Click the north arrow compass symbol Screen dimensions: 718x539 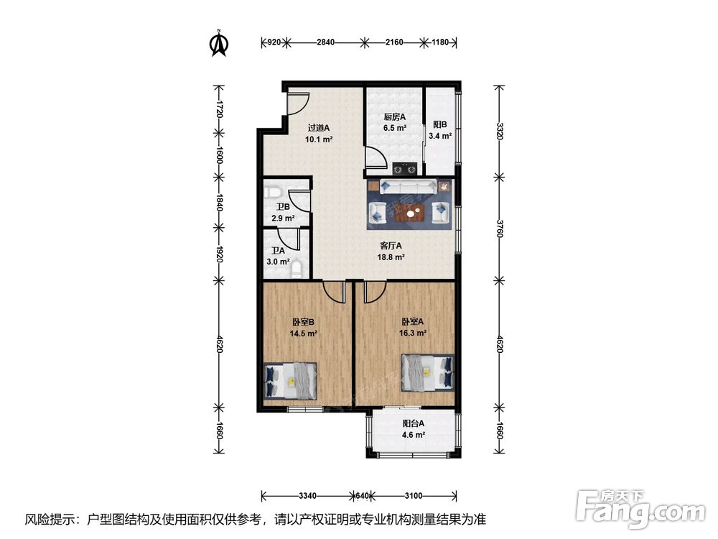[219, 42]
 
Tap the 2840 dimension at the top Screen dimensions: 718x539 [325, 42]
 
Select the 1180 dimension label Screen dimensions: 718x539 [440, 42]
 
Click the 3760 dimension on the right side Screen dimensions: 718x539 [500, 227]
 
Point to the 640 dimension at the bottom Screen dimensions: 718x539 [362, 495]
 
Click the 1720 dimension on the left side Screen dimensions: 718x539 [219, 109]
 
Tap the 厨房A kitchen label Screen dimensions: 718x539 [395, 117]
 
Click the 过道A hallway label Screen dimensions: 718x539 [319, 128]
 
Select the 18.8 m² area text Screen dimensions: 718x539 [391, 257]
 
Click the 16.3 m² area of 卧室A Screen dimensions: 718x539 [413, 333]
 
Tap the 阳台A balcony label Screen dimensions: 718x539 [414, 423]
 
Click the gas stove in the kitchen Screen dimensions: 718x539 [405, 169]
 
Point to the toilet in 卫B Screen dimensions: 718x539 [273, 192]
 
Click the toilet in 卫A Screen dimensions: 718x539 [297, 269]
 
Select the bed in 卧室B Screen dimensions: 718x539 [291, 380]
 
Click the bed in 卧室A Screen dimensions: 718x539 [427, 373]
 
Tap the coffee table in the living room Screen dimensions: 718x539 [414, 212]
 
